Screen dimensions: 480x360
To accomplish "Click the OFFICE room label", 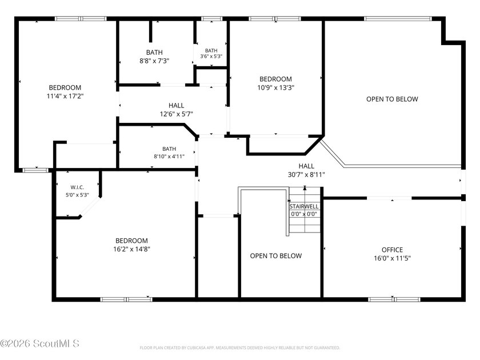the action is click(x=392, y=250).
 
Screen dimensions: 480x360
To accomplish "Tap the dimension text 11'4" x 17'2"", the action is click(x=65, y=96).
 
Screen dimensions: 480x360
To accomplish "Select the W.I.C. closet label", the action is click(x=77, y=187).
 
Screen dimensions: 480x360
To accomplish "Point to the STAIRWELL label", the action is click(x=304, y=207).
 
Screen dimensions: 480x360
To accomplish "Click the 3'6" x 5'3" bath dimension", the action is click(x=211, y=57).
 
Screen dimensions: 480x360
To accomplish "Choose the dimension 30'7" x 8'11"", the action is click(x=306, y=175).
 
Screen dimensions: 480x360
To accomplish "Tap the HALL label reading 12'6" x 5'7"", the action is click(x=177, y=106).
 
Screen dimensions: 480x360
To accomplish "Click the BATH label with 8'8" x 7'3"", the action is click(x=154, y=53).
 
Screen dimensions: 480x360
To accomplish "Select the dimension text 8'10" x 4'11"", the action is click(x=169, y=157).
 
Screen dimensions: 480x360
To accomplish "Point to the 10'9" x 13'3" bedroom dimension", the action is click(x=275, y=87).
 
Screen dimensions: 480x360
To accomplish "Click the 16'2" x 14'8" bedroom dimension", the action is click(x=131, y=249).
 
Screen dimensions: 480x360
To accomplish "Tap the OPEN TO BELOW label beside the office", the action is click(x=392, y=99).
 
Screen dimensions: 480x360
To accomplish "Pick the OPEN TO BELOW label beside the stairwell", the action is click(x=276, y=256).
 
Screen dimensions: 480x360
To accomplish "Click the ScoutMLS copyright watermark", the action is click(x=40, y=343).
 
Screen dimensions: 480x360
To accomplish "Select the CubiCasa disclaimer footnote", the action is click(x=239, y=348).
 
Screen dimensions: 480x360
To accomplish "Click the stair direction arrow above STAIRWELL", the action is click(x=305, y=188).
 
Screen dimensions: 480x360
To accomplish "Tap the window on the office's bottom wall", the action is click(x=394, y=299).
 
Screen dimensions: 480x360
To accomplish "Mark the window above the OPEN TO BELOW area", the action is click(x=398, y=19).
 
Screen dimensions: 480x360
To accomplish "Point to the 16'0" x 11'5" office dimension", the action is click(x=392, y=258).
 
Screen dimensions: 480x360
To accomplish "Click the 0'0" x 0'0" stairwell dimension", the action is click(x=304, y=214).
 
